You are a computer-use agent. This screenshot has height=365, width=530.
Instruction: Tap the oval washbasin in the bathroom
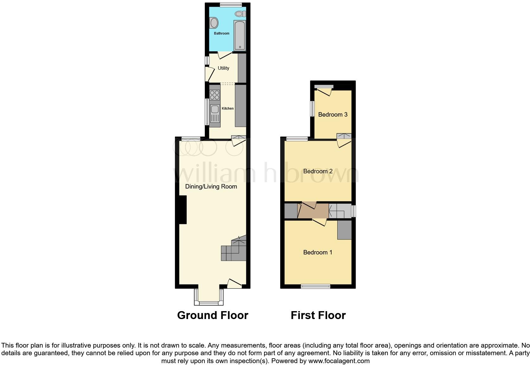pyautogui.click(x=214, y=23)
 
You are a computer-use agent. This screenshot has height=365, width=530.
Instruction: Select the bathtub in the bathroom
pyautogui.click(x=240, y=35)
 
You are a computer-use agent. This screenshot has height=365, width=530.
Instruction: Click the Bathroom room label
pyautogui.click(x=222, y=33)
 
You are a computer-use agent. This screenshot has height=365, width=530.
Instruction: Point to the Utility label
pyautogui.click(x=223, y=68)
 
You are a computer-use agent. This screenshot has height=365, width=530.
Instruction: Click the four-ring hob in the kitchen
pyautogui.click(x=215, y=95)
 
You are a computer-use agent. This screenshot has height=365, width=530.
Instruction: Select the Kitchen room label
pyautogui.click(x=228, y=108)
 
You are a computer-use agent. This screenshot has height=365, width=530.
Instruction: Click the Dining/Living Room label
pyautogui.click(x=211, y=187)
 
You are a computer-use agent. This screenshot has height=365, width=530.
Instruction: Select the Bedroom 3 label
pyautogui.click(x=333, y=115)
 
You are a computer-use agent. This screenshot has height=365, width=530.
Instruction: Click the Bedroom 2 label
pyautogui.click(x=318, y=171)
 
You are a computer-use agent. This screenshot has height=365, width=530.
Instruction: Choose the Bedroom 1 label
pyautogui.click(x=318, y=253)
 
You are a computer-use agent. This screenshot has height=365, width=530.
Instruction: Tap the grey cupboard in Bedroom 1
pyautogui.click(x=344, y=230)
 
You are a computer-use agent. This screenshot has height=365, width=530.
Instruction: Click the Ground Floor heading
pyautogui.click(x=213, y=315)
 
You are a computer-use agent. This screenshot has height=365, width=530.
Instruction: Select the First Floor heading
pyautogui.click(x=318, y=315)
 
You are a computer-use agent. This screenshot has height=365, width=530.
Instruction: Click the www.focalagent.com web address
pyautogui.click(x=339, y=361)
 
